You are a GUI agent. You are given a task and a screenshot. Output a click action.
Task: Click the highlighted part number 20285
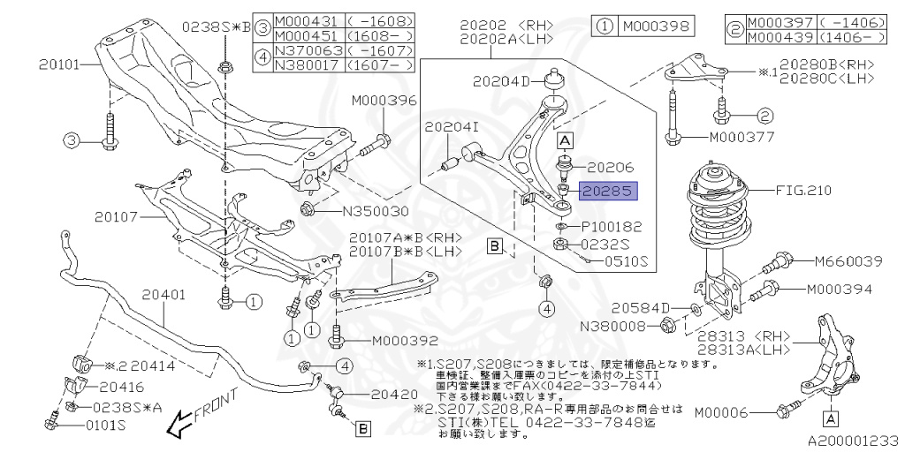[x=607, y=190]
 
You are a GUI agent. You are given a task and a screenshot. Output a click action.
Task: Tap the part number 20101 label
[x=59, y=64]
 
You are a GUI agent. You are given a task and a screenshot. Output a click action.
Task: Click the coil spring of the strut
[x=717, y=221]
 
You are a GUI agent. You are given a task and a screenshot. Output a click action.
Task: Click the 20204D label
[x=501, y=80]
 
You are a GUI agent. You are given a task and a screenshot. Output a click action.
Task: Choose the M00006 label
[x=733, y=411]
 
